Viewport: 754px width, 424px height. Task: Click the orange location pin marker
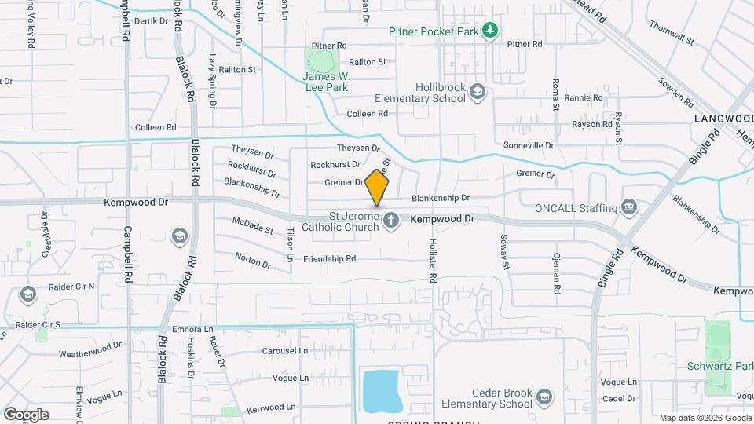377,188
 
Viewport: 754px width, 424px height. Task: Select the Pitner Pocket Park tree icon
491,31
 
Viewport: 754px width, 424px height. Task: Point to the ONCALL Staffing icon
628,207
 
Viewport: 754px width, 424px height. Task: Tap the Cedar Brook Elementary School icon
545,398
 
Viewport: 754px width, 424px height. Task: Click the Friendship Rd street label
329,258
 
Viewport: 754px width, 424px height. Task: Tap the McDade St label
253,227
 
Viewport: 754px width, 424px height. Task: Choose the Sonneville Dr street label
529,145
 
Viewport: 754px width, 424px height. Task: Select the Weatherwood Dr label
90,349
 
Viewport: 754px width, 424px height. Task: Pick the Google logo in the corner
26,414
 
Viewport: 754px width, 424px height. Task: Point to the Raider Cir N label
71,287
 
